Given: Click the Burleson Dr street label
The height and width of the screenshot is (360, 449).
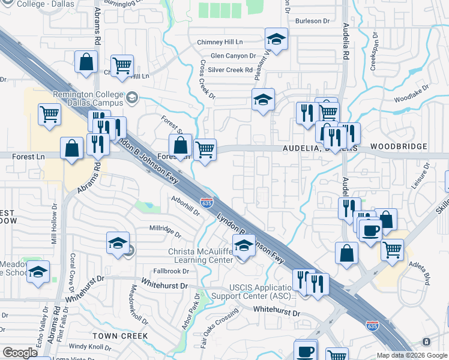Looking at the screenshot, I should tap(312, 20).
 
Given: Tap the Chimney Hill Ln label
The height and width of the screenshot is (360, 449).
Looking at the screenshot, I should tap(220, 43).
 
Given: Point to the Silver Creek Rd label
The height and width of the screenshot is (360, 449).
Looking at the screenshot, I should tap(231, 70).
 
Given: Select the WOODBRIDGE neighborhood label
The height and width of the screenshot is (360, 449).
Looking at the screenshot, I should tap(399, 146).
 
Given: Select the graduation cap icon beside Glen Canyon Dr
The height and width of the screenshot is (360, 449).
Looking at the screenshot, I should tap(276, 40).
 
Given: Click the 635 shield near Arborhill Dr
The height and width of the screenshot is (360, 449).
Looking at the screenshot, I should tap(206, 203).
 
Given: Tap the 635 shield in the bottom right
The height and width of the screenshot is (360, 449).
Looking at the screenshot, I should tap(372, 326).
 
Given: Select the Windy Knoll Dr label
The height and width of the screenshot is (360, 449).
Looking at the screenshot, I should tap(89, 347).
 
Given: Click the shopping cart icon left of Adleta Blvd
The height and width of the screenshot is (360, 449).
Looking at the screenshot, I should tap(392, 250).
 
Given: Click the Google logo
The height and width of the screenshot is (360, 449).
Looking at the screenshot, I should tap(20, 353).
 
